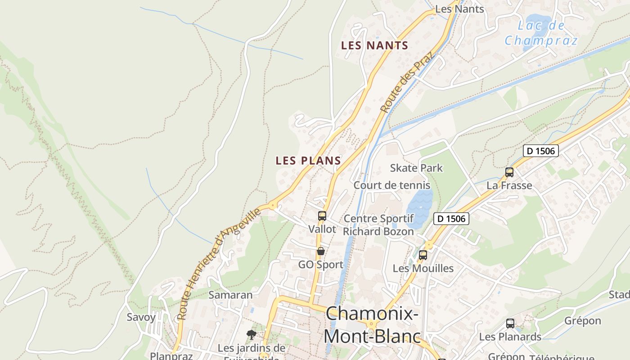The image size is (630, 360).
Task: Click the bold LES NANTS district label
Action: (x=374, y=45)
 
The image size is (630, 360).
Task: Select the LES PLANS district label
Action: (x=308, y=161)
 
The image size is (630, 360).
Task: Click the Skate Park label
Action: (x=416, y=168)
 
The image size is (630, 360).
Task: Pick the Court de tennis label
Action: (x=391, y=185)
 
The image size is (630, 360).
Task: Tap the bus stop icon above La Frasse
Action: (x=509, y=172)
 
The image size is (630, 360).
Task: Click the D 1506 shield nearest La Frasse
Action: (x=540, y=151)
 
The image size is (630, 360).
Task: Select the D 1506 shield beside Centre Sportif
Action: (x=451, y=219)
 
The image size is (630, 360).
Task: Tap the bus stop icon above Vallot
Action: (x=322, y=216)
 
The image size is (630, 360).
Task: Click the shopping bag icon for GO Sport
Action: (x=321, y=251)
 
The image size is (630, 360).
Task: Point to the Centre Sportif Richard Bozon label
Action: (x=378, y=225)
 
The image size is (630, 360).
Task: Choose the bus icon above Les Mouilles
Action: (x=423, y=255)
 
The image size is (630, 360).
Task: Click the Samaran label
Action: (x=230, y=295)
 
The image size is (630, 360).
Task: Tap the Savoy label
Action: (x=141, y=317)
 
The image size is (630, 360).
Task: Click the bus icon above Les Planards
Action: (x=510, y=324)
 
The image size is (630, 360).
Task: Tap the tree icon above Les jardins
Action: (x=251, y=335)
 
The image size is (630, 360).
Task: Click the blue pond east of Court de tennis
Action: (x=420, y=207)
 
